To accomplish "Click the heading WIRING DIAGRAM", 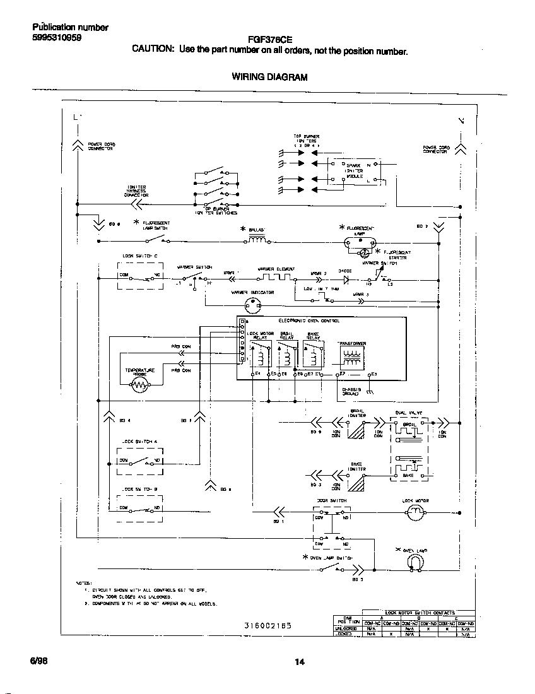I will (269, 77).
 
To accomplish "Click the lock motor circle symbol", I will (415, 514).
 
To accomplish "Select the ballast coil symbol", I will (257, 240).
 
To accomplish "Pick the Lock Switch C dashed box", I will (139, 276).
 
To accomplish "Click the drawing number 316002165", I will (268, 626).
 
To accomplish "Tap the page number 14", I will (300, 662).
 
